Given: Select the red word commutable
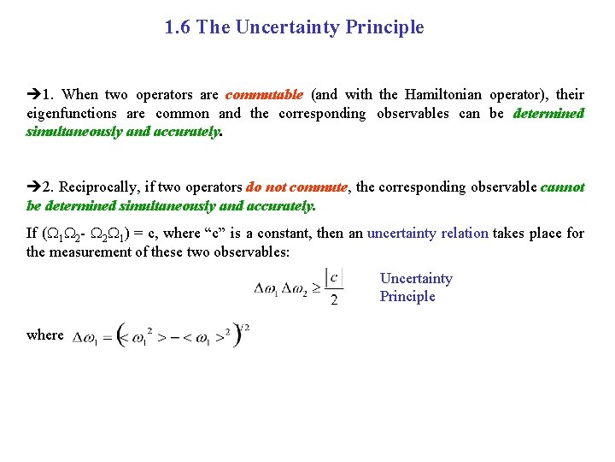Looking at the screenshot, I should pos(264,95).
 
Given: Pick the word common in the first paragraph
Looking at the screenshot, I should pos(184,114).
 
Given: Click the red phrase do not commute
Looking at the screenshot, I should pos(296,187).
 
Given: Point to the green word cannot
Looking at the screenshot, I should pos(563,187).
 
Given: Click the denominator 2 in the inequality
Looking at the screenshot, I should pos(334,299).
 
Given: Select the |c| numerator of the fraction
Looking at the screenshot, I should pos(334,277).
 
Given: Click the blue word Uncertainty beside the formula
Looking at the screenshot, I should pos(416,279).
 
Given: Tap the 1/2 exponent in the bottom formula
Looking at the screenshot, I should pos(245,327).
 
